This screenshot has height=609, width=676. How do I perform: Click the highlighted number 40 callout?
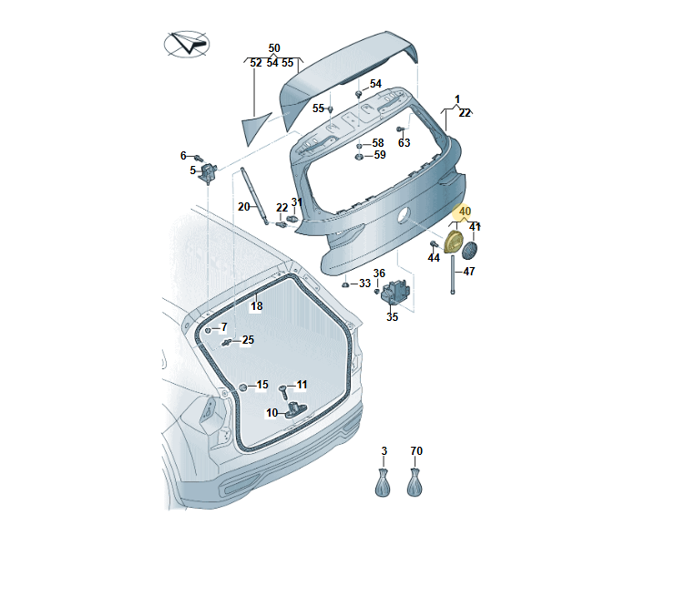click(x=465, y=212)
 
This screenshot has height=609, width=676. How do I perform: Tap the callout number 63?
click(x=404, y=142)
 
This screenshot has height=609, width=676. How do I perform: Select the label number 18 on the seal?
click(x=256, y=306)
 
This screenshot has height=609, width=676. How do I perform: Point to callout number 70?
click(x=416, y=451)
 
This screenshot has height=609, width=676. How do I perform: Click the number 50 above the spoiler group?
click(x=274, y=47)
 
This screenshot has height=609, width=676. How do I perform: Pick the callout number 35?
click(x=392, y=317)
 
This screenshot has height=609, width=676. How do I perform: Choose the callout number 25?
click(x=248, y=340)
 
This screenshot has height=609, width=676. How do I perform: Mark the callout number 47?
click(x=468, y=271)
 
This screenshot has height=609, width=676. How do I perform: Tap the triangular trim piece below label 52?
click(x=260, y=126)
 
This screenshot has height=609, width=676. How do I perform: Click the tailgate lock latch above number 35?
click(x=397, y=294)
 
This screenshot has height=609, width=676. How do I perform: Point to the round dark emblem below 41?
click(x=472, y=249)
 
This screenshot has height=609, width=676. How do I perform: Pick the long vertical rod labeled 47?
click(x=451, y=274)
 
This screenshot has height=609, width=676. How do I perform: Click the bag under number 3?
click(x=384, y=481)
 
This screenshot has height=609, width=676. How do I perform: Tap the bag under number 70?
click(x=415, y=481)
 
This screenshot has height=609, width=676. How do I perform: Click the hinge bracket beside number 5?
click(x=210, y=170)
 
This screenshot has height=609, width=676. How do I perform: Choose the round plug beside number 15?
click(x=243, y=387)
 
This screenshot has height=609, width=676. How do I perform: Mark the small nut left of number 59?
click(x=359, y=156)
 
